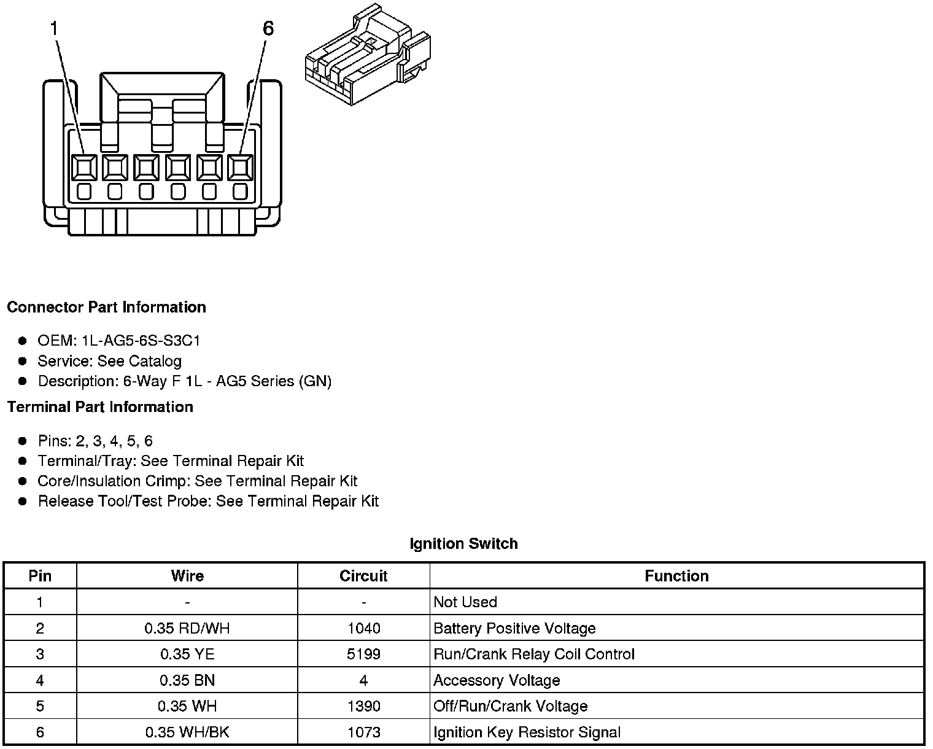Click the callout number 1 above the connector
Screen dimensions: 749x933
click(55, 29)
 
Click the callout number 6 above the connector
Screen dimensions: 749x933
click(268, 29)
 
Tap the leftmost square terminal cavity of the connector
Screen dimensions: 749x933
click(84, 166)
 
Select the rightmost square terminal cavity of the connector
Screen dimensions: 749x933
click(240, 166)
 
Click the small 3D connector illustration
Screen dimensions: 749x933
click(367, 55)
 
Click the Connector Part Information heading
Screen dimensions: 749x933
click(106, 307)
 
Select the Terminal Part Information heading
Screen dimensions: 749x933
click(100, 407)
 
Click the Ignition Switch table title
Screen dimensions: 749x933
click(463, 544)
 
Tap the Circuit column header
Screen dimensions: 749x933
click(363, 576)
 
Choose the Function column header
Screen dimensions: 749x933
click(676, 576)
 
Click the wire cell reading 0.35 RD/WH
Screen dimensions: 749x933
click(187, 628)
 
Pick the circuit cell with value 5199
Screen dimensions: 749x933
click(363, 654)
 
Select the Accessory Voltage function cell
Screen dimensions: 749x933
click(497, 680)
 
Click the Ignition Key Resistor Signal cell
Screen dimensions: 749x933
click(527, 732)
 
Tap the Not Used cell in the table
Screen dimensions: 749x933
click(465, 602)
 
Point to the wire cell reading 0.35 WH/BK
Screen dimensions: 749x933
click(187, 732)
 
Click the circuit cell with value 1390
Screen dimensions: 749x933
click(363, 707)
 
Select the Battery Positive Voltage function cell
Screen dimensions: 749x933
click(514, 628)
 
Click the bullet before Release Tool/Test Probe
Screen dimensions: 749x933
click(23, 502)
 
